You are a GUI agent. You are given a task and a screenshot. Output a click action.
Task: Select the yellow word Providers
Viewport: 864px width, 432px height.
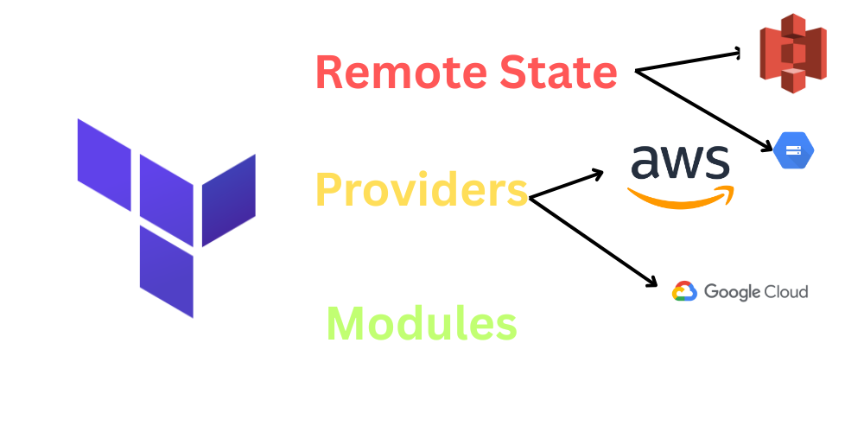tap(421, 188)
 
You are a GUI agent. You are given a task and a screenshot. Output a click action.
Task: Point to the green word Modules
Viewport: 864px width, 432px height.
tap(422, 324)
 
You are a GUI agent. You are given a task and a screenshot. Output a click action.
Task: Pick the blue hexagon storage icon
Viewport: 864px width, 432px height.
tap(793, 150)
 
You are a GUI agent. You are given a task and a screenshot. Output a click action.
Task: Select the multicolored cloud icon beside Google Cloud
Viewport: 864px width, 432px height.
tap(684, 292)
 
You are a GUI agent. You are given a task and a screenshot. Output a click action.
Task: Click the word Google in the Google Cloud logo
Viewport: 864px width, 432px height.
tap(731, 292)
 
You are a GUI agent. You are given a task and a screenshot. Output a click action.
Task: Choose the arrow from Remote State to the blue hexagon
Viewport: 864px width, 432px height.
tap(704, 111)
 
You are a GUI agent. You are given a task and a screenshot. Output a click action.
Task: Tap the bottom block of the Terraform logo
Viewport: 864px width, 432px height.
tap(166, 270)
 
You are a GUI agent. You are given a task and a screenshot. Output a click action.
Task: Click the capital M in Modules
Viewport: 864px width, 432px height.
tap(346, 324)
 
